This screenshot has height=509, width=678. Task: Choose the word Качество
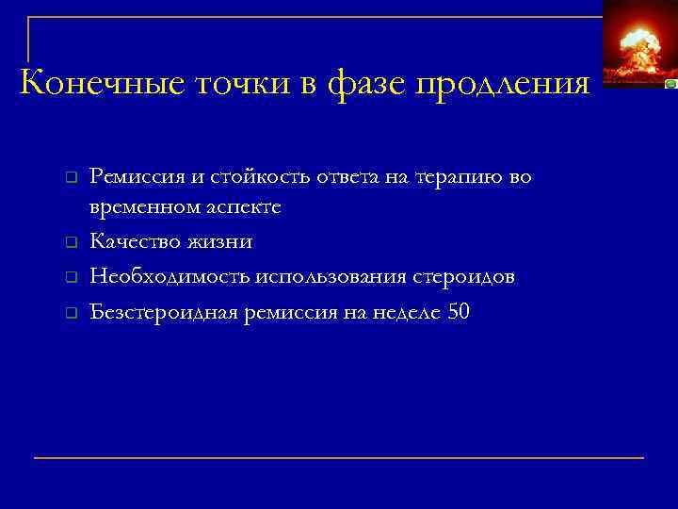(x=132, y=242)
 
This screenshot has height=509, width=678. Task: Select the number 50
(x=459, y=312)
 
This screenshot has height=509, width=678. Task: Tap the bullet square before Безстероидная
(x=70, y=314)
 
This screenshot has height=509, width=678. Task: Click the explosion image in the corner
(x=637, y=42)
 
